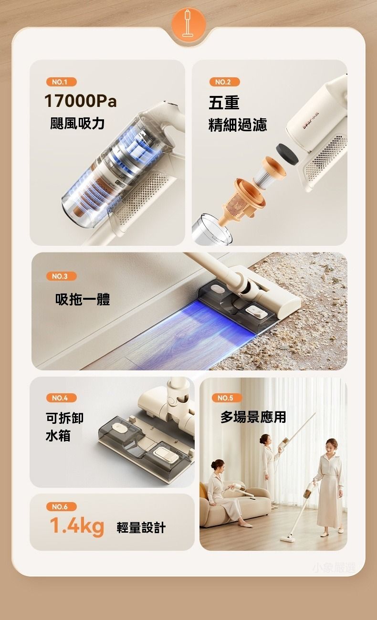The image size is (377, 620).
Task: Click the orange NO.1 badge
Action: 62,82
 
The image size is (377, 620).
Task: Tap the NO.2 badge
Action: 224,82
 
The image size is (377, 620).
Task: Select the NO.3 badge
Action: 62,276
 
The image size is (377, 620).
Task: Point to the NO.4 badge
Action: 62,398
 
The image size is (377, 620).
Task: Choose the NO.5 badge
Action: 227,398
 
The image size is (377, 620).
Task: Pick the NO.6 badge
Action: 62,507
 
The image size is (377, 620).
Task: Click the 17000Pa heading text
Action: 81,101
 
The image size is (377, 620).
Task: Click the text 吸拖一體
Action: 83,299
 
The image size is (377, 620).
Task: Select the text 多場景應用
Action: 253,417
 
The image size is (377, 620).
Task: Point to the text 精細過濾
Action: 238,125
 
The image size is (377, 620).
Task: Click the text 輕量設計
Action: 141,527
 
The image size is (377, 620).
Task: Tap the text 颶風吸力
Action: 77,123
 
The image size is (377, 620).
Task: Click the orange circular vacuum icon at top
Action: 188,24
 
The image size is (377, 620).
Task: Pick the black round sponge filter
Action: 287,153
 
